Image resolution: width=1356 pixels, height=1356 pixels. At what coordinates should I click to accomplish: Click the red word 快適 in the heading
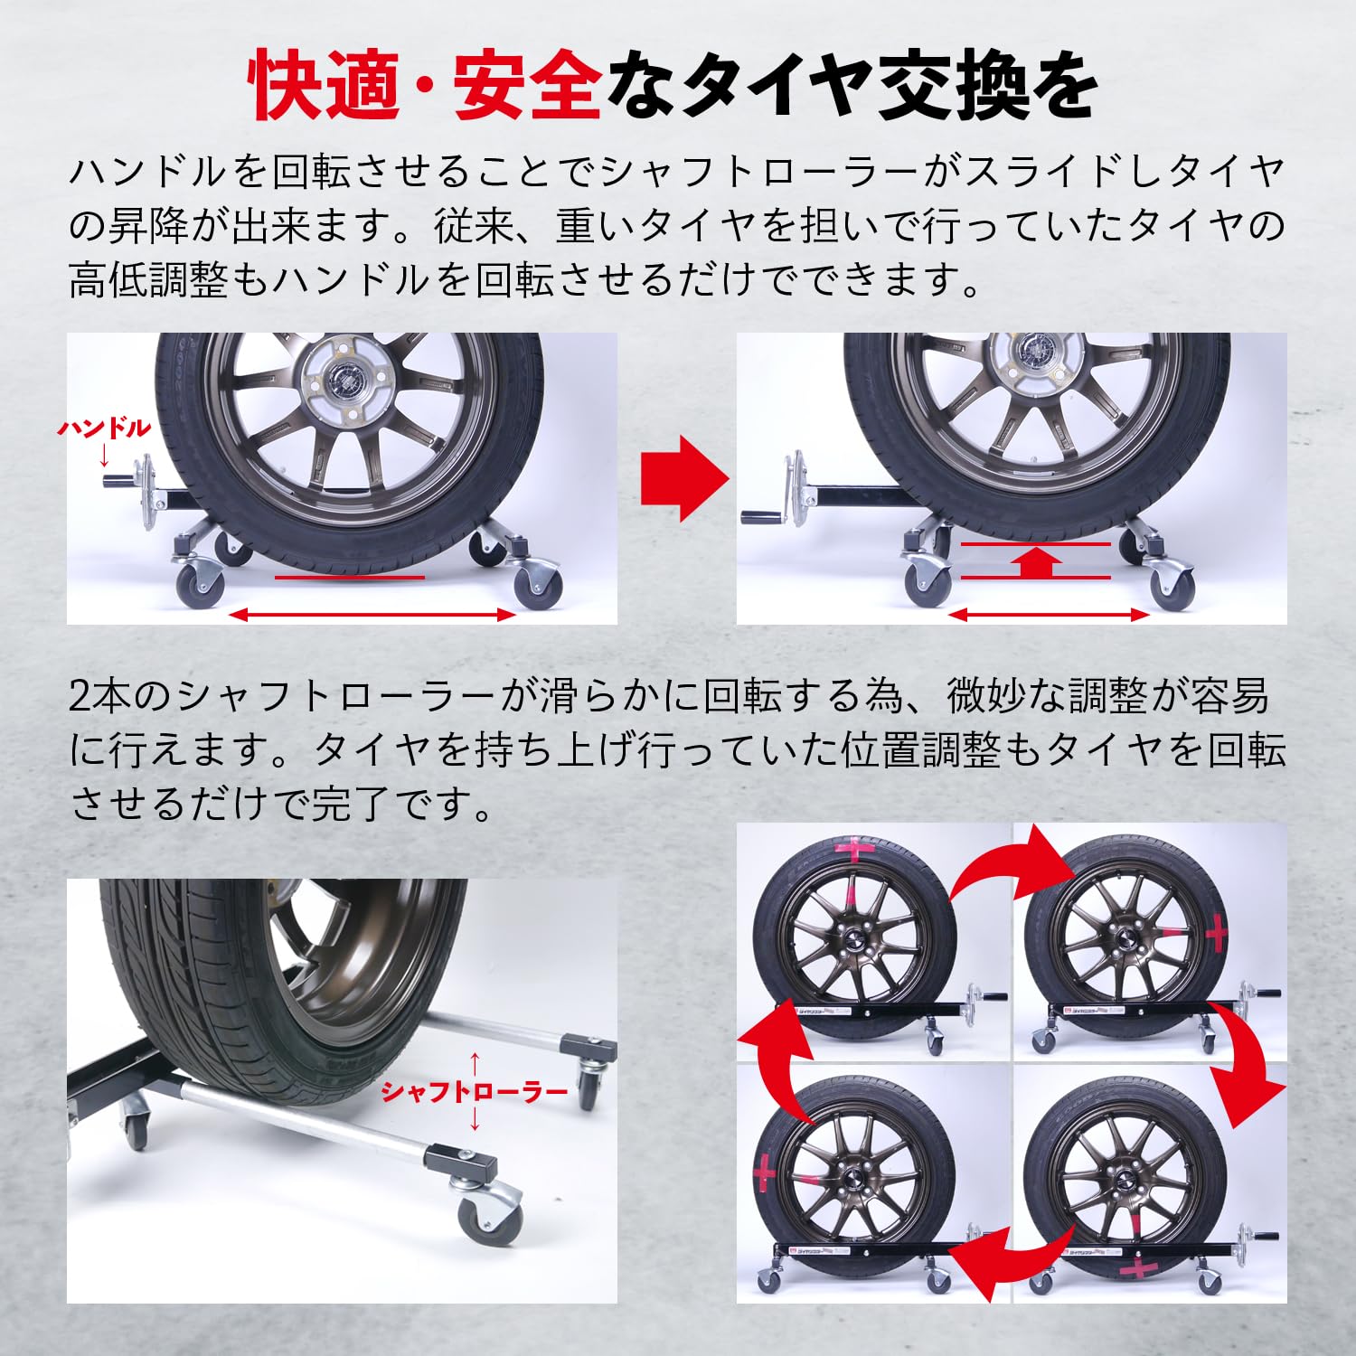[325, 88]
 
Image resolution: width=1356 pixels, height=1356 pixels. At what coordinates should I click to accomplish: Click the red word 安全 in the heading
[527, 88]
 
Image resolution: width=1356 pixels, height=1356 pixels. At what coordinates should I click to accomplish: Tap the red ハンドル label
[104, 428]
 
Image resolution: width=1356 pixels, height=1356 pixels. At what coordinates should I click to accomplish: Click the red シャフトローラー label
[474, 1091]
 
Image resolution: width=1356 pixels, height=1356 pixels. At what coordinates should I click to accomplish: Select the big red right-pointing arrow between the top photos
[683, 479]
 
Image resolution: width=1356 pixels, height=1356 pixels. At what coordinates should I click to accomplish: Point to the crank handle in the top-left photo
[127, 479]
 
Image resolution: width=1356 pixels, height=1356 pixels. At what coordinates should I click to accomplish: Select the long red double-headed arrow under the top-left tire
[372, 615]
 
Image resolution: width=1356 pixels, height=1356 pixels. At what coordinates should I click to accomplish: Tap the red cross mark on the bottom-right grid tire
[1138, 1267]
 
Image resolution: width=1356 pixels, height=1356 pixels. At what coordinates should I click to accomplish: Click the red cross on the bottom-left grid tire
[765, 1172]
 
